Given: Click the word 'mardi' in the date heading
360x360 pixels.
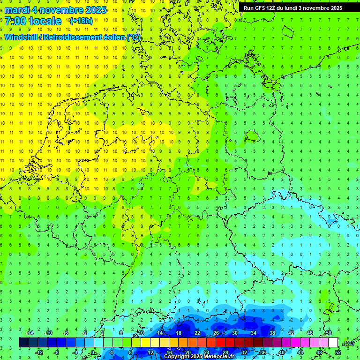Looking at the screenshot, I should tap(17, 10).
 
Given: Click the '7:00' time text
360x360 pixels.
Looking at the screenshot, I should tap(15, 21).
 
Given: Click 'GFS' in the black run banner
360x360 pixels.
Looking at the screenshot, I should tap(259, 8).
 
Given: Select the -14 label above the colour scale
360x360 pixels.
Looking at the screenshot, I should tap(30, 333).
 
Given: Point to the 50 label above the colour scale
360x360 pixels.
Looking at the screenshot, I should tap(328, 333).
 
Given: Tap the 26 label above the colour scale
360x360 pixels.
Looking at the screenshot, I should tap(216, 333).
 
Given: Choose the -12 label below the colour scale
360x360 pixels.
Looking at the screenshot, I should tap(39, 352).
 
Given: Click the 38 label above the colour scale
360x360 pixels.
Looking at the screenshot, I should tap(272, 333).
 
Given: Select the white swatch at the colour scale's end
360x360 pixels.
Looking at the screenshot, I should tap(333, 343).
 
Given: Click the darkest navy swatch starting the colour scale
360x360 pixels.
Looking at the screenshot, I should tap(23, 343).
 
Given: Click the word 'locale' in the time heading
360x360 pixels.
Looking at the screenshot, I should tap(45, 21).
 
